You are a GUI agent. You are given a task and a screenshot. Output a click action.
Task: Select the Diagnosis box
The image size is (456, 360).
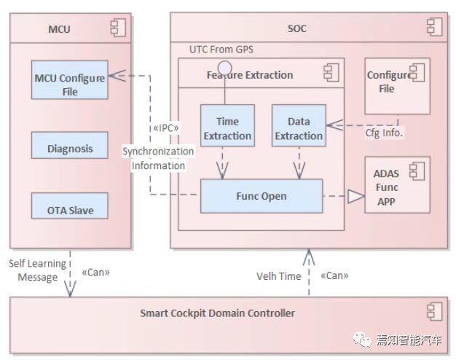tap(70, 149)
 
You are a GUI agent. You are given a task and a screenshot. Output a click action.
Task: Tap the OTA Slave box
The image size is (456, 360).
tap(70, 211)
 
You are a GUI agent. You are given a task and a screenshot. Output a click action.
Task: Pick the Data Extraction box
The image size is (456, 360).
tap(298, 128)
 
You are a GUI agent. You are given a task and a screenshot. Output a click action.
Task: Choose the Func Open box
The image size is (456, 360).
tap(262, 197)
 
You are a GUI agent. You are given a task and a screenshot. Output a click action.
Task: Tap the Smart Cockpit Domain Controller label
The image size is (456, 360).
tap(218, 313)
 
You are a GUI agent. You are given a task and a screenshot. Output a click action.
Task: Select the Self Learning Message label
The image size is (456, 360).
tap(37, 270)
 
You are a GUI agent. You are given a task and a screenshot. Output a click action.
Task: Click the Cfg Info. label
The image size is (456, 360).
tap(384, 133)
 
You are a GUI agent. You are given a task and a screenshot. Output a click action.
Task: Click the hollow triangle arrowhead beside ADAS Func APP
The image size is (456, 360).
tap(355, 197)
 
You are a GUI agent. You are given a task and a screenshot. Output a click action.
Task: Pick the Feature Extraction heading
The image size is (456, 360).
tap(250, 74)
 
